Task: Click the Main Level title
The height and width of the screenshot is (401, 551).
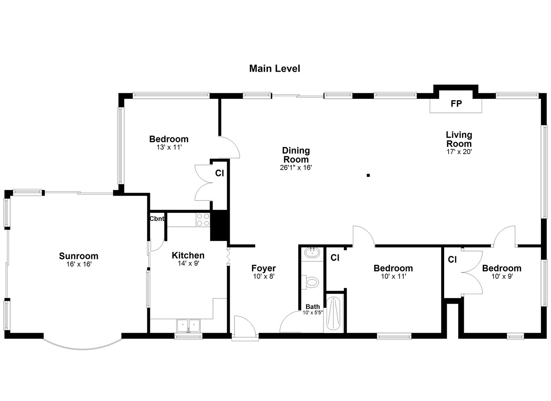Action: click(x=274, y=69)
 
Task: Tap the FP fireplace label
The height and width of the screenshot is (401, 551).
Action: click(x=456, y=104)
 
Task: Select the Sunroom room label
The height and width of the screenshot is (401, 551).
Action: click(x=79, y=256)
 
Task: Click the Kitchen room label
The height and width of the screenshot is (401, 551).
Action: click(x=188, y=255)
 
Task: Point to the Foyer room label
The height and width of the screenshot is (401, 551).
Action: click(x=263, y=268)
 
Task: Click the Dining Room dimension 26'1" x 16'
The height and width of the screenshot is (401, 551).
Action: click(x=296, y=167)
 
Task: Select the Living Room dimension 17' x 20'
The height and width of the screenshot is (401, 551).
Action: click(x=459, y=151)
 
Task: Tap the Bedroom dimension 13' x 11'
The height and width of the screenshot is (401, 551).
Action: click(x=169, y=147)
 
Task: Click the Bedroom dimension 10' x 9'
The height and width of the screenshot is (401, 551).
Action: click(x=502, y=276)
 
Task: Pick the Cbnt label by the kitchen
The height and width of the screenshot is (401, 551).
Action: click(x=157, y=219)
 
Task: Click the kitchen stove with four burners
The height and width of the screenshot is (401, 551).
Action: click(x=203, y=219)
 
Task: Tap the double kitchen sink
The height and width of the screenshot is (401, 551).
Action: click(x=188, y=326)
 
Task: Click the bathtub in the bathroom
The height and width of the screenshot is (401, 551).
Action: click(x=334, y=313)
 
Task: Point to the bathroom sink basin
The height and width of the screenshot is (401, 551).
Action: click(x=312, y=253)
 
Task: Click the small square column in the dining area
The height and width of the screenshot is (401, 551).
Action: click(x=368, y=175)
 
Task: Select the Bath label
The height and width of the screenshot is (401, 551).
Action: click(x=312, y=307)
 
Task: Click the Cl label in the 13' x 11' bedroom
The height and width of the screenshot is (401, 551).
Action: click(x=219, y=173)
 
